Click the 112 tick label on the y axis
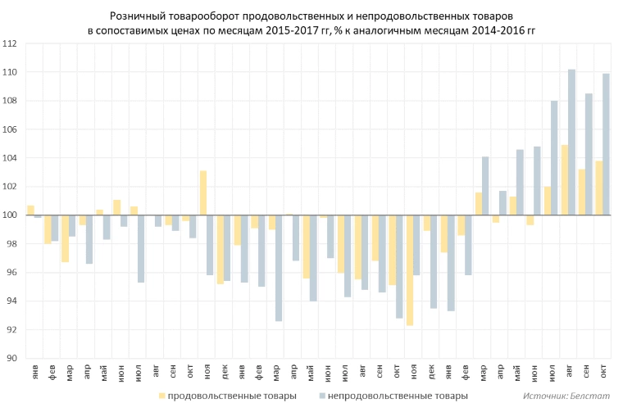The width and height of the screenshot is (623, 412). pyautogui.click(x=10, y=43)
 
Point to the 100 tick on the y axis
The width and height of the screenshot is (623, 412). pyautogui.click(x=10, y=215)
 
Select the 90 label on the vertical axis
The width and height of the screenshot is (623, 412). pyautogui.click(x=11, y=358)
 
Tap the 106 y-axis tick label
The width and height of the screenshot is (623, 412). pyautogui.click(x=10, y=129)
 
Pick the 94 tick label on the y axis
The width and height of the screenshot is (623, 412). pyautogui.click(x=11, y=301)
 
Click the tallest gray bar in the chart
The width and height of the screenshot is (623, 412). pyautogui.click(x=571, y=142)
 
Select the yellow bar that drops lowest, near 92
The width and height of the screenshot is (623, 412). pyautogui.click(x=410, y=270)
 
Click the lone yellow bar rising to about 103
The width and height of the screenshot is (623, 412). pyautogui.click(x=203, y=193)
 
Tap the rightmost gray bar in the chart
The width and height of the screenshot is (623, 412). pyautogui.click(x=606, y=144)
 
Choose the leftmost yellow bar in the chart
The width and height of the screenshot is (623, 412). pyautogui.click(x=30, y=211)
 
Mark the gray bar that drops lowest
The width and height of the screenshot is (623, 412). pyautogui.click(x=279, y=268)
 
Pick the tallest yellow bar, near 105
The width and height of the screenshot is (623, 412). pyautogui.click(x=565, y=180)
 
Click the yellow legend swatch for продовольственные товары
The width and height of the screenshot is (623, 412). pyautogui.click(x=161, y=396)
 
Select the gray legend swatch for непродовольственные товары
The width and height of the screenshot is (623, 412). pyautogui.click(x=322, y=396)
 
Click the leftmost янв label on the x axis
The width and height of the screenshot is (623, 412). pyautogui.click(x=36, y=371)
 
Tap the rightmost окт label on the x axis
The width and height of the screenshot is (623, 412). pyautogui.click(x=603, y=371)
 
